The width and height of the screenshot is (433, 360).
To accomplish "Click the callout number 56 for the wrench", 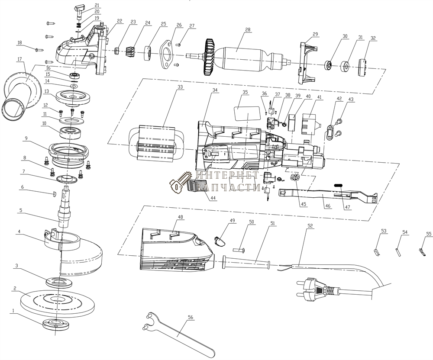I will [x=190, y=317].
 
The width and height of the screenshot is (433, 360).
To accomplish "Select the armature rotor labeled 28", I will [x=242, y=56].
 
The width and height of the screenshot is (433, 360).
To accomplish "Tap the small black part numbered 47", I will [x=338, y=185].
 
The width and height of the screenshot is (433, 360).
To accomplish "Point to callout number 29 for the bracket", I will [x=315, y=34].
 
